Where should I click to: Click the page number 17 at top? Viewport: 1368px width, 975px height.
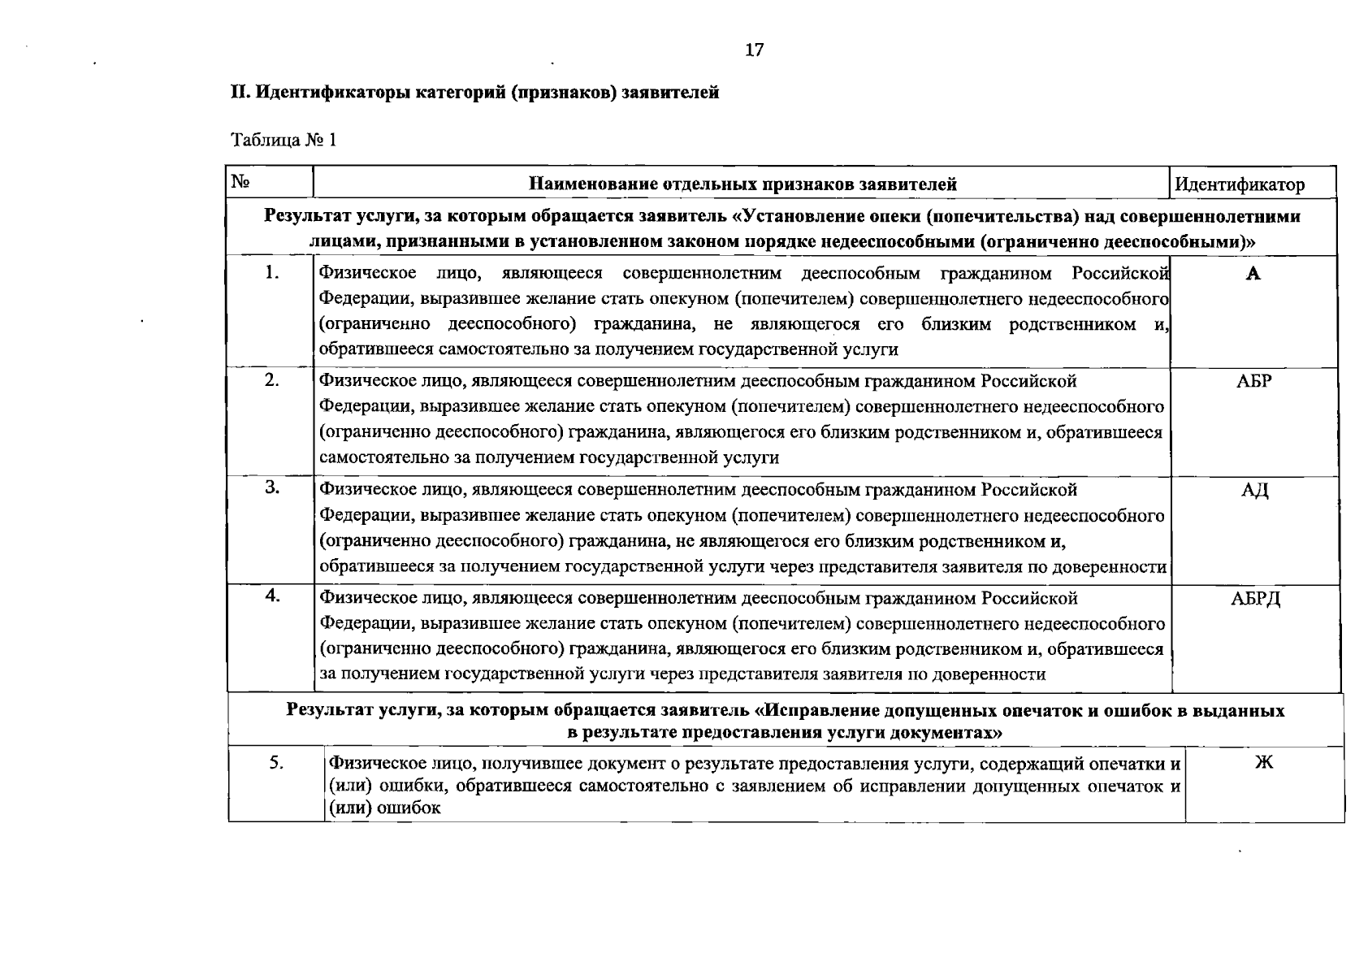click(754, 50)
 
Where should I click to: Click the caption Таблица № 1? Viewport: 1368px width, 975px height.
click(284, 141)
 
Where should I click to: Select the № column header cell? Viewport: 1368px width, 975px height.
click(240, 182)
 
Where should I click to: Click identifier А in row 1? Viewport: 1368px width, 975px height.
click(1253, 274)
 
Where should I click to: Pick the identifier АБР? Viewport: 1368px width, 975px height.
click(1253, 381)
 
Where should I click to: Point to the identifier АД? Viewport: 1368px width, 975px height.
click(1254, 490)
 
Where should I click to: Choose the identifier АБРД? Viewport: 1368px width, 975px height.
click(1255, 599)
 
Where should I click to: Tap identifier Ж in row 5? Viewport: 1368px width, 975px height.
click(1263, 762)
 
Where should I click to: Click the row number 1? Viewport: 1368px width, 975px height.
click(271, 272)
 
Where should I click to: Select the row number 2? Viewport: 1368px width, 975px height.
click(271, 379)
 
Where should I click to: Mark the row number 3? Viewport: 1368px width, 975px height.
click(272, 487)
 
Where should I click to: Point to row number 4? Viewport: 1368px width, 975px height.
click(273, 596)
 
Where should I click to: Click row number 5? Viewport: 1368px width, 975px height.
click(276, 762)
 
